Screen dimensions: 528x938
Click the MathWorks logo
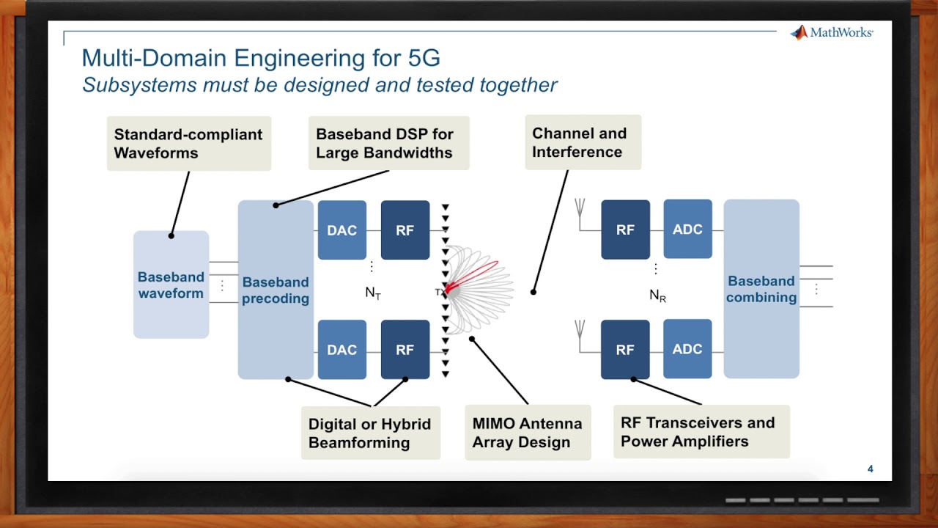click(831, 33)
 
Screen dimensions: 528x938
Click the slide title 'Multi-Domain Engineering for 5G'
click(260, 58)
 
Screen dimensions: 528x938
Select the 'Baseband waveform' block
click(171, 285)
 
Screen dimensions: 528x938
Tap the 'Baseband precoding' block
click(276, 290)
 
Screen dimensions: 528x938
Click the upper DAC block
click(341, 230)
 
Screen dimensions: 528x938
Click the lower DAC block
click(341, 350)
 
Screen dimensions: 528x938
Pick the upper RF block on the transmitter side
click(405, 230)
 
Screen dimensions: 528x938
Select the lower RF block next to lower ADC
click(625, 350)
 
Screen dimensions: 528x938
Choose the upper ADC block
click(687, 230)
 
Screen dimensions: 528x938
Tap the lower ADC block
click(687, 349)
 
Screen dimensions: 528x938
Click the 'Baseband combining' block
click(761, 289)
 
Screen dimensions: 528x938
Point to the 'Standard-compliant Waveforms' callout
click(188, 144)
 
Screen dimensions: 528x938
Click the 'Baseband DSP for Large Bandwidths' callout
click(388, 144)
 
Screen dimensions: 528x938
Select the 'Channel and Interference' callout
click(583, 143)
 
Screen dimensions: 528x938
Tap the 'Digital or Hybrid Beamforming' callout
click(370, 433)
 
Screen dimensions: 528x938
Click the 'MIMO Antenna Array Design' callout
click(528, 433)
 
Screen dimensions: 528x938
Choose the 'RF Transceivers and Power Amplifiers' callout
click(701, 432)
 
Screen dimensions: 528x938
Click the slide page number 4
click(870, 469)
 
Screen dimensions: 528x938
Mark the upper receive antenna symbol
click(580, 210)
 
